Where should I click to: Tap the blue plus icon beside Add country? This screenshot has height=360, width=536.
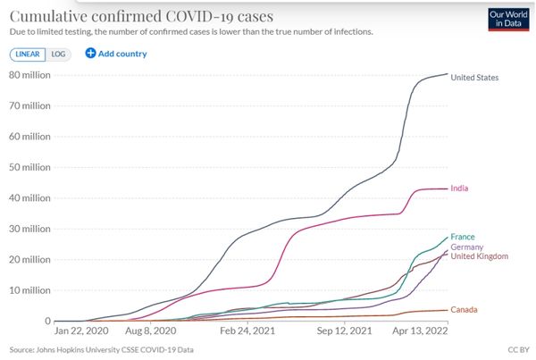pyautogui.click(x=90, y=54)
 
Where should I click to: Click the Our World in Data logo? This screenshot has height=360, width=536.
pyautogui.click(x=507, y=20)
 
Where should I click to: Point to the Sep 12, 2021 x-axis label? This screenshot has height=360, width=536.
pyautogui.click(x=345, y=330)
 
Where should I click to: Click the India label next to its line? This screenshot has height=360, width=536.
pyautogui.click(x=461, y=188)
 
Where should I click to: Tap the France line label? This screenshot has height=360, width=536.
pyautogui.click(x=463, y=237)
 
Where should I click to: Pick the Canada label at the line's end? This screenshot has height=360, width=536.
pyautogui.click(x=465, y=309)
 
